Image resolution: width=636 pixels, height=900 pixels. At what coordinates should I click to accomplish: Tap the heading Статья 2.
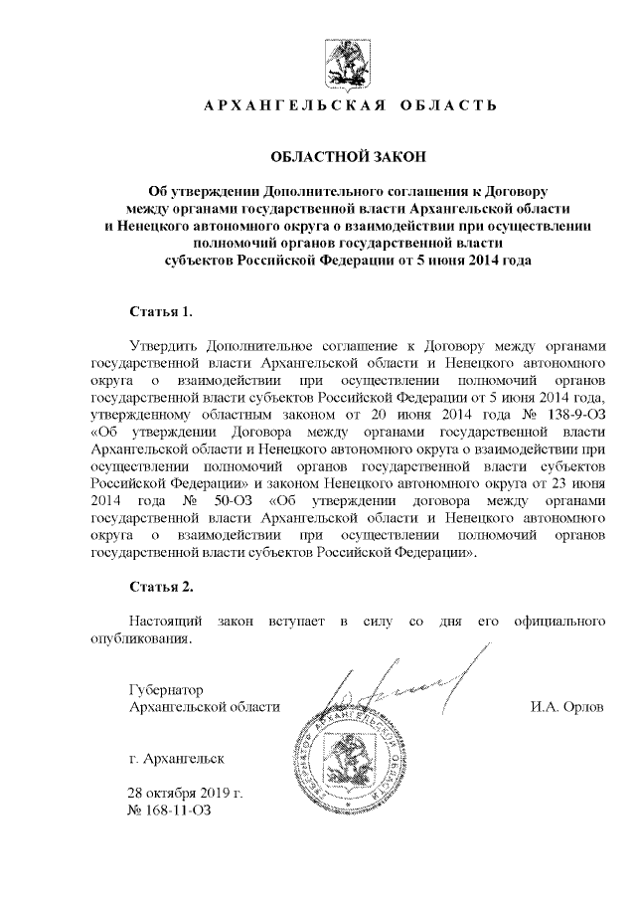pos(161,587)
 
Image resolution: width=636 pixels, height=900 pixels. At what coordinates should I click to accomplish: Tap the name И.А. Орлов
pos(568,706)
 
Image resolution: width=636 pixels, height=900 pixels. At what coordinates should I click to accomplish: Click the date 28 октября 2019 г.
pos(186,796)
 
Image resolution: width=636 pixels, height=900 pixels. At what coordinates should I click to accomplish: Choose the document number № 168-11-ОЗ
pos(170,812)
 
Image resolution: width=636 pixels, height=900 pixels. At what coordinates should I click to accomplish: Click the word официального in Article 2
pos(556,622)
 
